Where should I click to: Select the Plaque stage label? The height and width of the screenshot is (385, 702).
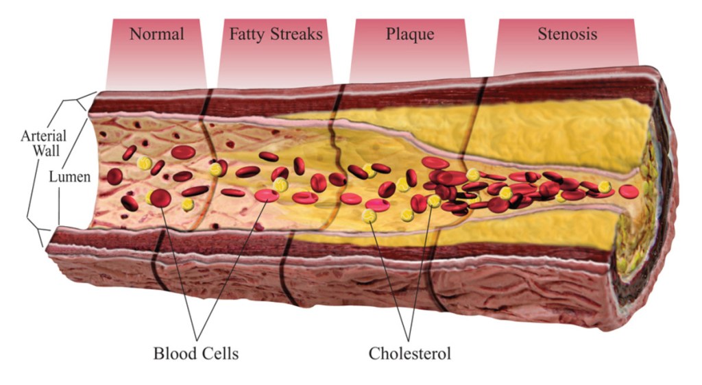tap(411, 34)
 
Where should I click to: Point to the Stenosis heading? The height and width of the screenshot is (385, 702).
tap(567, 34)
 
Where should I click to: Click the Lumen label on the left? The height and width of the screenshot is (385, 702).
tap(69, 177)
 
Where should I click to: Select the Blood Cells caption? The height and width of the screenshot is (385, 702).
tap(195, 353)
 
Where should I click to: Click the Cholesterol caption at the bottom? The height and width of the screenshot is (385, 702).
tap(409, 353)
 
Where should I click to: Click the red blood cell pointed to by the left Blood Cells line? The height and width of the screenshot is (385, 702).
tap(160, 199)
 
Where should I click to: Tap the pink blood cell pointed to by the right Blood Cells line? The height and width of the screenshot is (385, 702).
tap(267, 196)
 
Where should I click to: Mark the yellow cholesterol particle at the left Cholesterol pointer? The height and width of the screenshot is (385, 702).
tap(370, 216)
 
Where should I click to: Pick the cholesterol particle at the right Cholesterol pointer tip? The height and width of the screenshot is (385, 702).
tap(434, 201)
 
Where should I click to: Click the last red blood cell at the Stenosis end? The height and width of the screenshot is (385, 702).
tap(628, 190)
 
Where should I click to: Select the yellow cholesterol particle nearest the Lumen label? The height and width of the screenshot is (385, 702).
tap(144, 163)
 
